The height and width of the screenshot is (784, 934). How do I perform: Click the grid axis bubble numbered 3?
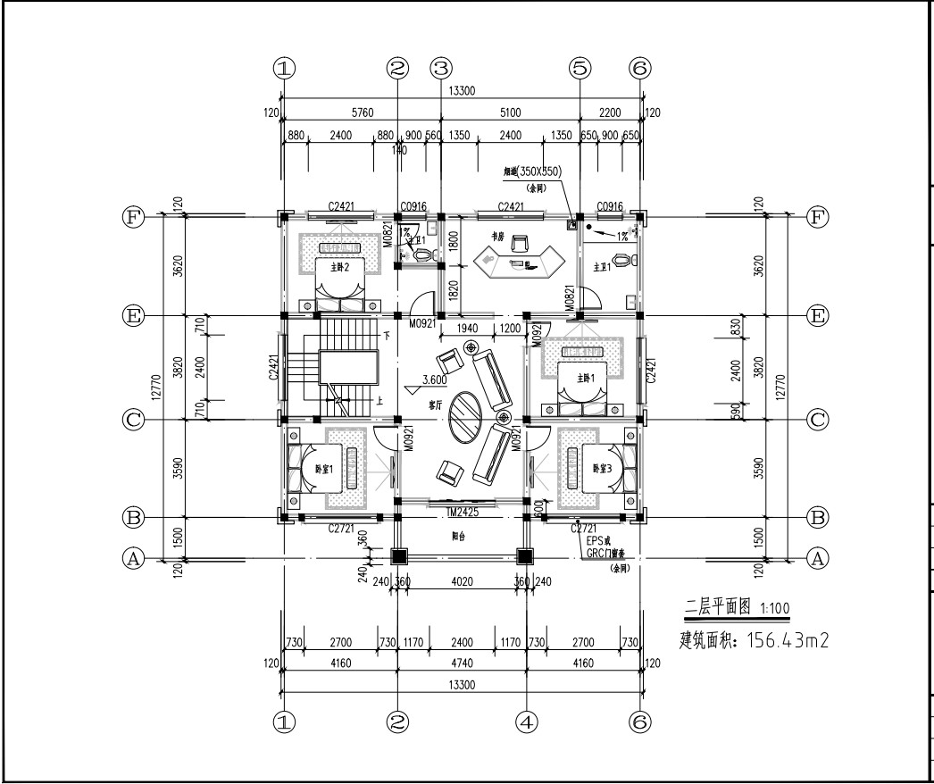tap(441, 68)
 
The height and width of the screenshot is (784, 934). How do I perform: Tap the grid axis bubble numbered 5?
tap(580, 68)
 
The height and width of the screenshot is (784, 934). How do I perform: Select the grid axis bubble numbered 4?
tap(527, 721)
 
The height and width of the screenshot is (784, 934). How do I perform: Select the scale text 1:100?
tap(773, 609)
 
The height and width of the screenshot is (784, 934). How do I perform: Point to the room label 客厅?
tap(436, 405)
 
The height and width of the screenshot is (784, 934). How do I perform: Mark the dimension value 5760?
tap(340, 113)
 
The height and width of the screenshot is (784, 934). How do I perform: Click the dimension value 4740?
tap(462, 663)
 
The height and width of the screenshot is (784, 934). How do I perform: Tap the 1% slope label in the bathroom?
tap(621, 236)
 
